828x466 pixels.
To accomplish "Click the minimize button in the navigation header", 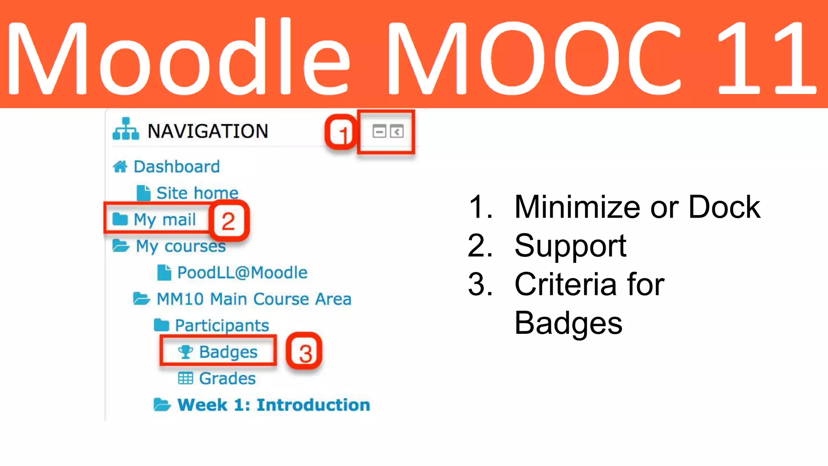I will [x=379, y=131].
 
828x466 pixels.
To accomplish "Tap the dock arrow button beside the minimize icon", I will [x=397, y=131].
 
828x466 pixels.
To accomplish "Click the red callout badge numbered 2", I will [x=228, y=221].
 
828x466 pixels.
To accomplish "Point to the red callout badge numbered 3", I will [x=304, y=352].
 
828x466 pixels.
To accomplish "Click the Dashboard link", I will [x=177, y=167].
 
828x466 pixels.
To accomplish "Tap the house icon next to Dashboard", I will [x=120, y=166].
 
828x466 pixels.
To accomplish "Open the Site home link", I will [x=197, y=193].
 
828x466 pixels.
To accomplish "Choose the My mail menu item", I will [x=165, y=219].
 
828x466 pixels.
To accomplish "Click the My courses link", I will [x=180, y=246].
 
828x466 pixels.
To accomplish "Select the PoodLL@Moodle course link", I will [x=242, y=273].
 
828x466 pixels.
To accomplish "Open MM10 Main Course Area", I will [x=254, y=299].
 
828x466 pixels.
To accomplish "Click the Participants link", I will [x=222, y=325].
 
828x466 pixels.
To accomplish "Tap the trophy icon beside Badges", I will [x=186, y=352].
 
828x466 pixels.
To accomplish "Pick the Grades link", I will [x=227, y=379].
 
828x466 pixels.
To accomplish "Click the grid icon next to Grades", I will [x=186, y=379].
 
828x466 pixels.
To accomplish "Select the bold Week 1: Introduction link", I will [x=274, y=405].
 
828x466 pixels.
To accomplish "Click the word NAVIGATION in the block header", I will [x=208, y=131].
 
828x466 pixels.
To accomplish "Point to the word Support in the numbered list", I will [x=570, y=246].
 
